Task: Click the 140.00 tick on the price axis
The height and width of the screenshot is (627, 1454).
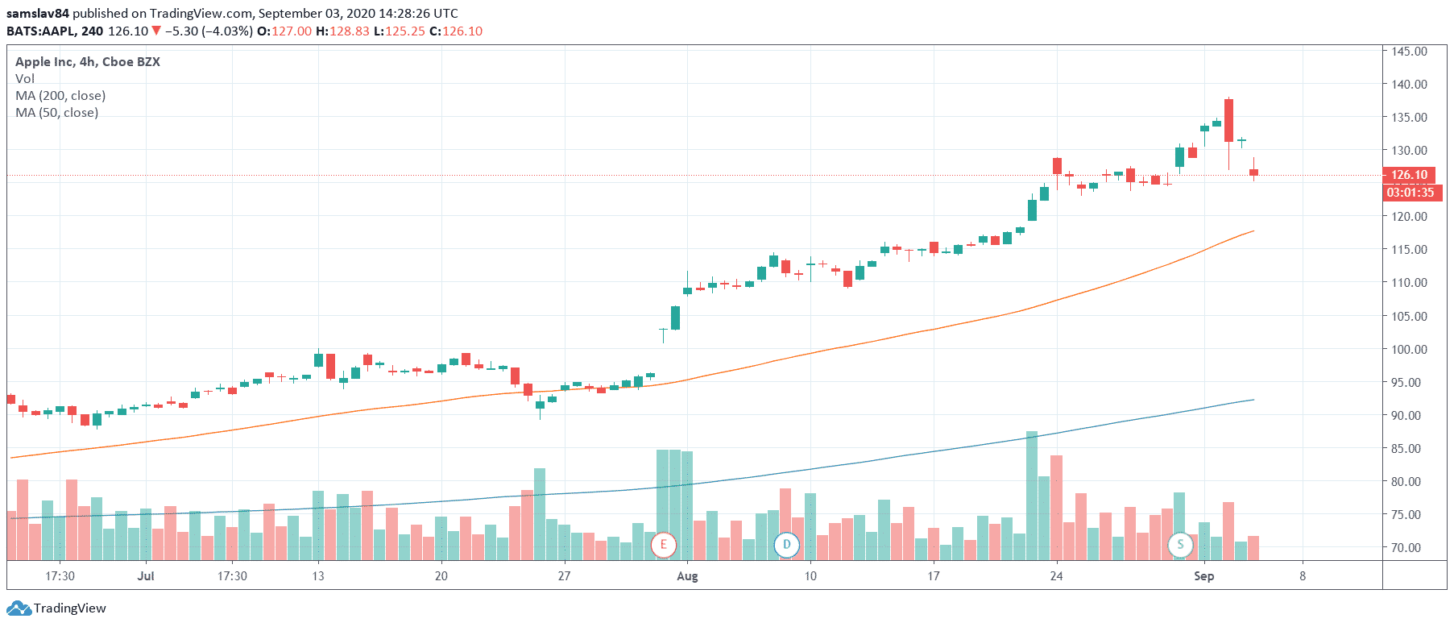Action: coord(1409,84)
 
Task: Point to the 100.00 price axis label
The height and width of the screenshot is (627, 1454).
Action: coord(1409,349)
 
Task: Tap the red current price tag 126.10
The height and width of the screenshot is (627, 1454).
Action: coord(1409,174)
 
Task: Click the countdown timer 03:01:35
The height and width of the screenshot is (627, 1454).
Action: coord(1411,193)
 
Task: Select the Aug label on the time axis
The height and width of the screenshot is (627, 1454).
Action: coord(687,575)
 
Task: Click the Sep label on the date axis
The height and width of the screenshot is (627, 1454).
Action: coord(1203,575)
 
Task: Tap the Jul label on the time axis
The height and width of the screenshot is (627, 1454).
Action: coord(146,575)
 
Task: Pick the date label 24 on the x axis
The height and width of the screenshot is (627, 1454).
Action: coord(1056,575)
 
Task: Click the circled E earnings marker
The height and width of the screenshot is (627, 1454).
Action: coord(663,545)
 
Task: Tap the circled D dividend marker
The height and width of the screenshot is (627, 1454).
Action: coord(786,545)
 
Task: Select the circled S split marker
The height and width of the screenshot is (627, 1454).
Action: coord(1180,545)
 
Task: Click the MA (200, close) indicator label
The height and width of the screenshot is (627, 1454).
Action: coord(60,95)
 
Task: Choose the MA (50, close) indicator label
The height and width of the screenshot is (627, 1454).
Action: coord(56,112)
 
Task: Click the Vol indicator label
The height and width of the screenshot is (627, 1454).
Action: coord(25,78)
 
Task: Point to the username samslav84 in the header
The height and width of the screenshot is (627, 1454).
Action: coord(38,13)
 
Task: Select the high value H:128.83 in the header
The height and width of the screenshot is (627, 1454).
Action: coord(342,31)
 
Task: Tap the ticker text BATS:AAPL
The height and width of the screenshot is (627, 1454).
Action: coord(42,31)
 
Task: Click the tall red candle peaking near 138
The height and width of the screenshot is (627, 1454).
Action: coord(1228,121)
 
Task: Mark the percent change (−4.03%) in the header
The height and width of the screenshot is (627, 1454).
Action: coord(227,31)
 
